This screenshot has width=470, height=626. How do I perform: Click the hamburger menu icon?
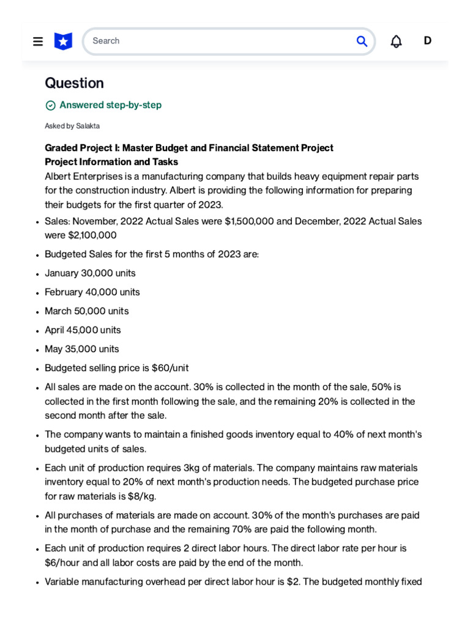point(38,42)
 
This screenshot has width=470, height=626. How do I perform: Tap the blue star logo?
point(63,42)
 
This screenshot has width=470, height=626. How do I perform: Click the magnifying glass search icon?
point(362,41)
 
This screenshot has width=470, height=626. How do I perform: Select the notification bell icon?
point(397,42)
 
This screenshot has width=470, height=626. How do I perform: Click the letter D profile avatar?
point(428,41)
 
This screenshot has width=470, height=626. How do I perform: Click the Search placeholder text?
point(106,41)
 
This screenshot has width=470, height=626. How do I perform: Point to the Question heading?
point(74,83)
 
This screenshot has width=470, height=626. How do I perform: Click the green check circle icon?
point(51,105)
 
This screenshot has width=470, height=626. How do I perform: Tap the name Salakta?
point(88,126)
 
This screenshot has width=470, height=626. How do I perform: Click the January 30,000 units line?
point(90,273)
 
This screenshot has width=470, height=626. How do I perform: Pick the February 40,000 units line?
point(92,292)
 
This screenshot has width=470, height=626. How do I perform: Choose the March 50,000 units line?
point(87,311)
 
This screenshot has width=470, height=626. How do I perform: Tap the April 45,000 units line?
point(83,330)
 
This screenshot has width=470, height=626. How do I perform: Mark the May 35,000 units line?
point(82,349)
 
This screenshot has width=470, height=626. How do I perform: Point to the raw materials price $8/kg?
point(149,496)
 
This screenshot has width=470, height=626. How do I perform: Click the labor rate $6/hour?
point(64,562)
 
